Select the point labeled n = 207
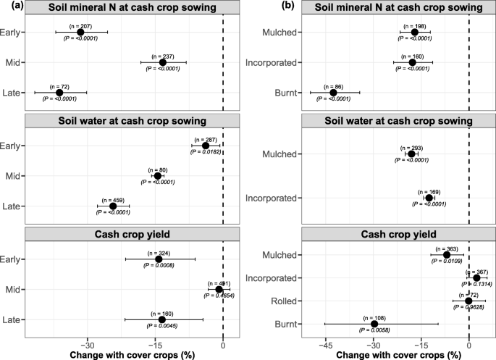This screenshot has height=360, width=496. [80, 33]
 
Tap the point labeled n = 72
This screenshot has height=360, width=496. [59, 93]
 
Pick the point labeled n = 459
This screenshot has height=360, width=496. [113, 206]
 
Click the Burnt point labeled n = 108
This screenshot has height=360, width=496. [374, 324]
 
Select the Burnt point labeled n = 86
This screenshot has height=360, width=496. [334, 93]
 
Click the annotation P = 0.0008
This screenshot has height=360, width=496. [159, 267]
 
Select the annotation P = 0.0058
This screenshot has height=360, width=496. [374, 331]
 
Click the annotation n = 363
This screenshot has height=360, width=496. [446, 248]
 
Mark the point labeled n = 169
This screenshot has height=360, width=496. [429, 198]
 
